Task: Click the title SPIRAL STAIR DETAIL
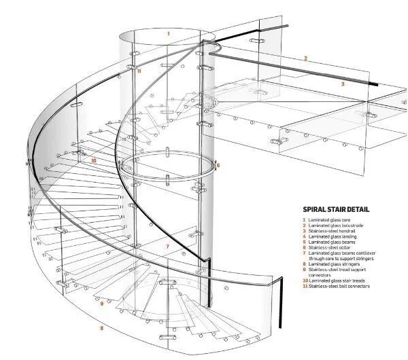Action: (335, 210)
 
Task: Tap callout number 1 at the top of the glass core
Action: (168, 32)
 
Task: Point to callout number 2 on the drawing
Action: (305, 58)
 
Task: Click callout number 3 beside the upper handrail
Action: (343, 84)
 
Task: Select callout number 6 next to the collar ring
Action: (218, 165)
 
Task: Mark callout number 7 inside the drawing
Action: (167, 246)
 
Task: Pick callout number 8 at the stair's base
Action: (101, 327)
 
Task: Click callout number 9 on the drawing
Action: (101, 303)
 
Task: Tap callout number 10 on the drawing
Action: (93, 161)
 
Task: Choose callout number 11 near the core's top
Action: (139, 70)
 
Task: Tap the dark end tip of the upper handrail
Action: (375, 84)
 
